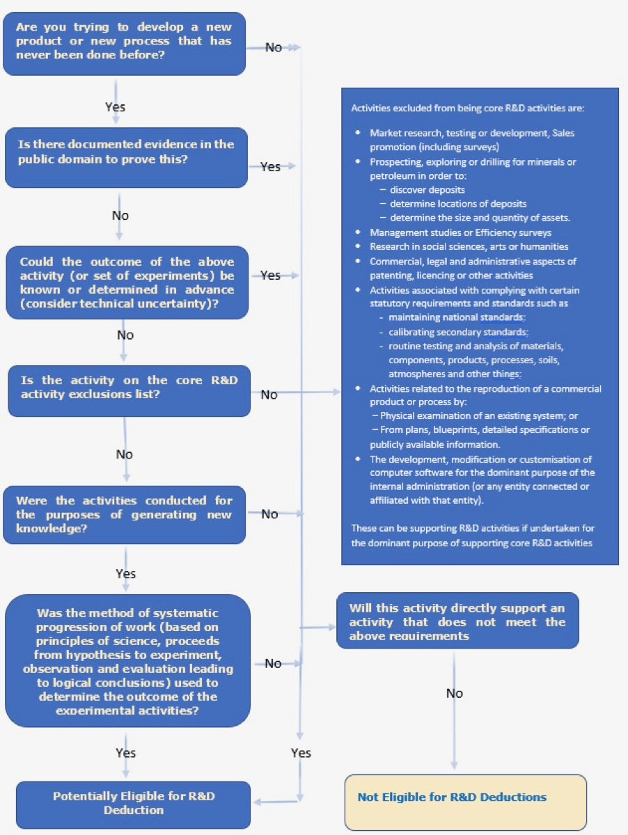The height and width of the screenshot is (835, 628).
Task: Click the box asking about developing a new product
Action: pyautogui.click(x=125, y=43)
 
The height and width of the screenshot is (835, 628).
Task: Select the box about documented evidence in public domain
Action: pyautogui.click(x=126, y=157)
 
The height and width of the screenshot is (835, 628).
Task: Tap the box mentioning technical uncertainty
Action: pyautogui.click(x=126, y=282)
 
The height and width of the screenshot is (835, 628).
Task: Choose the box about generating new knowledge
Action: pyautogui.click(x=125, y=514)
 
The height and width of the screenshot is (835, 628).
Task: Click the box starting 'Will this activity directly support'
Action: pyautogui.click(x=457, y=621)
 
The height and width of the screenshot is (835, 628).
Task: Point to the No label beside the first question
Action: pyautogui.click(x=274, y=47)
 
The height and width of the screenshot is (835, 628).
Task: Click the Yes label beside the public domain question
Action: pyautogui.click(x=270, y=166)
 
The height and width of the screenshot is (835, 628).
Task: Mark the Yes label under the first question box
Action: pyautogui.click(x=115, y=107)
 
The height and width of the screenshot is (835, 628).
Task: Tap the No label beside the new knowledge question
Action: pyautogui.click(x=269, y=514)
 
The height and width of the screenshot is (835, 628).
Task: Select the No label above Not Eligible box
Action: pyautogui.click(x=454, y=693)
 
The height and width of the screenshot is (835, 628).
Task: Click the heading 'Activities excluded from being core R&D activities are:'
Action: pyautogui.click(x=468, y=109)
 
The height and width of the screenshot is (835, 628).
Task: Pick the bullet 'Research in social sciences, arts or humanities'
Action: pyautogui.click(x=469, y=246)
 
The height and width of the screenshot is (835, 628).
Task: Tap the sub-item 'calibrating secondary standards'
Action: pyautogui.click(x=460, y=331)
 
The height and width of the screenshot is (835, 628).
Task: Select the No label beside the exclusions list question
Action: pyautogui.click(x=269, y=395)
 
